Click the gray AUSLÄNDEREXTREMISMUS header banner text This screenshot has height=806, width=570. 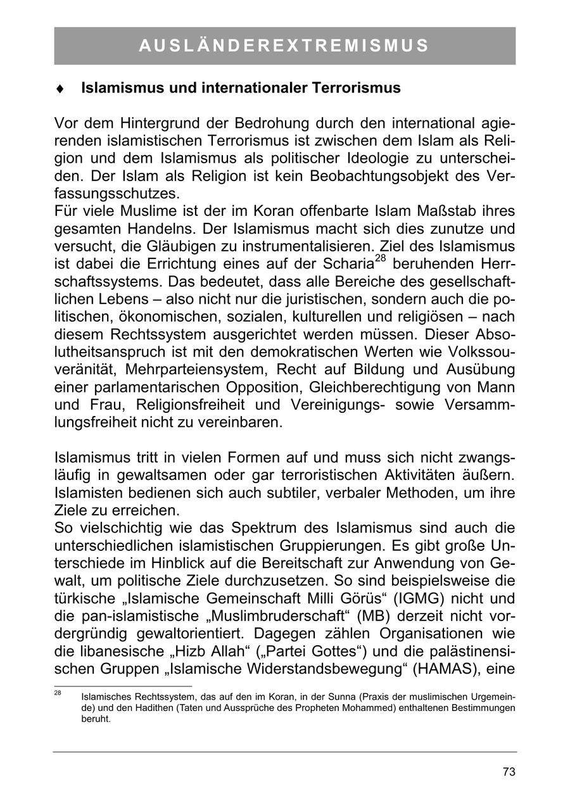pyautogui.click(x=284, y=46)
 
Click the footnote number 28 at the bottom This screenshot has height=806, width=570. pyautogui.click(x=58, y=693)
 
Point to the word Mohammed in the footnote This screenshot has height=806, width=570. pyautogui.click(x=419, y=708)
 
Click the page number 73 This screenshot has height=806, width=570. pyautogui.click(x=509, y=772)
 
